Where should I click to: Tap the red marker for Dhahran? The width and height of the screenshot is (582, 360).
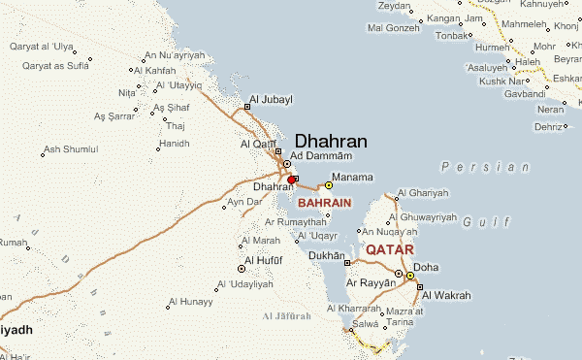click(292, 179)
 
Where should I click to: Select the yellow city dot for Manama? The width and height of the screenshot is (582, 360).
click(329, 184)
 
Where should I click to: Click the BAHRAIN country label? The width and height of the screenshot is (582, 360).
click(325, 203)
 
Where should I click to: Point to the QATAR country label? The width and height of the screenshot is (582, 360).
click(389, 249)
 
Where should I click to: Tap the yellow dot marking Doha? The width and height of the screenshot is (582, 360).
click(410, 277)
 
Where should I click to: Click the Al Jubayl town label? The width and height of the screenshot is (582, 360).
click(271, 100)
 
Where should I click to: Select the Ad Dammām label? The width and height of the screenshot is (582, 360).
click(320, 156)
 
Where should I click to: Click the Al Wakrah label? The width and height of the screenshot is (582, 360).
click(446, 295)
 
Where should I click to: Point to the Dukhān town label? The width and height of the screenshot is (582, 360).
click(327, 256)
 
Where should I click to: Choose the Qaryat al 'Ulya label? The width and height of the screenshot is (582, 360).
click(41, 46)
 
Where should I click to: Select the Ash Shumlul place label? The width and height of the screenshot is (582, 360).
click(71, 149)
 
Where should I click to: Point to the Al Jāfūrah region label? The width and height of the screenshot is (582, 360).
click(287, 317)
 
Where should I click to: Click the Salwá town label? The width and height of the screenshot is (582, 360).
click(366, 323)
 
